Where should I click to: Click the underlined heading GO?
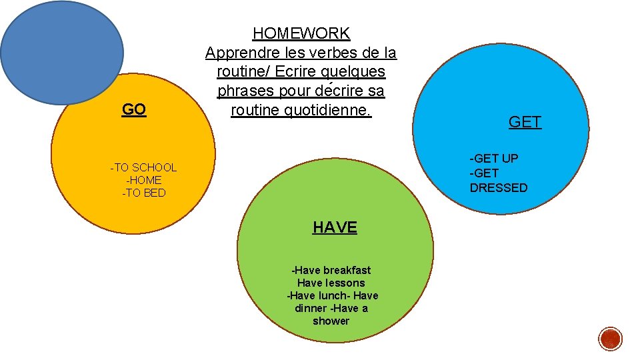pos(134,109)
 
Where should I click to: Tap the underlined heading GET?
pos(525,121)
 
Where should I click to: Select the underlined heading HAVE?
pos(335,227)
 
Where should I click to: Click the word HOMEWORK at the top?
pos(301,33)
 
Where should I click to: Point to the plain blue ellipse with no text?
pos(61,51)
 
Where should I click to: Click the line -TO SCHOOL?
pos(143,167)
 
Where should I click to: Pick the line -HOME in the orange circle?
pos(143,180)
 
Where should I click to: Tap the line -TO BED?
pos(143,193)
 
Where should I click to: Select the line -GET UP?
pos(494,158)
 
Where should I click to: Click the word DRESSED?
pos(499,188)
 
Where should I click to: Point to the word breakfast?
pos(347,270)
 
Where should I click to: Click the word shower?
pos(331,321)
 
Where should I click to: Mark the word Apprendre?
pos(239,52)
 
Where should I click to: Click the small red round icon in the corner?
pos(610,339)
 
